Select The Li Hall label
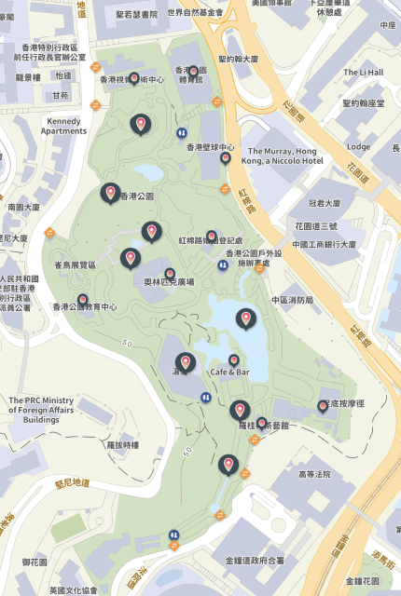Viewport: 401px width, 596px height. pos(363,72)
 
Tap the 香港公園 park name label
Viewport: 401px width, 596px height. pos(136,196)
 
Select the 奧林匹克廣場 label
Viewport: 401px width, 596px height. pos(169,281)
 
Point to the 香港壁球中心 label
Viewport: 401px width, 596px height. pos(210,147)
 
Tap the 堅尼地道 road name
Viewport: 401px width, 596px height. pos(72,483)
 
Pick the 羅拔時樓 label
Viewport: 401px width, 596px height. pos(122,445)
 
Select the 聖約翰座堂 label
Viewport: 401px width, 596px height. pos(363,103)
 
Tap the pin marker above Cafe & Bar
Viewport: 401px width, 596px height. pos(234,360)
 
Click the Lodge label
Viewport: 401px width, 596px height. pos(358,146)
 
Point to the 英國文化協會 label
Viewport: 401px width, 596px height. pos(74,590)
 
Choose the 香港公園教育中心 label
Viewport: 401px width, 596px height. pos(85,306)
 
